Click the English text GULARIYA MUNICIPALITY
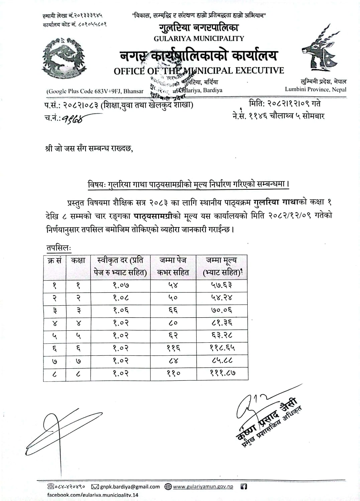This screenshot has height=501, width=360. (x=199, y=39)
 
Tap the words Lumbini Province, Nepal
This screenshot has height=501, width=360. (x=316, y=90)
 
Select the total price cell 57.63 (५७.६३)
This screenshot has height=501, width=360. (x=222, y=285)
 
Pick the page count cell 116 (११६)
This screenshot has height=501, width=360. (x=173, y=348)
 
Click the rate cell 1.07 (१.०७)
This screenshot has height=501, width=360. (x=121, y=285)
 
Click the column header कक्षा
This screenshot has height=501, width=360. (x=78, y=261)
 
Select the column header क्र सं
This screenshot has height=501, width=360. (x=54, y=261)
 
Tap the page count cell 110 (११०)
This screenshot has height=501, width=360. (x=173, y=373)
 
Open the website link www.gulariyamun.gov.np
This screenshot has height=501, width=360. (x=203, y=487)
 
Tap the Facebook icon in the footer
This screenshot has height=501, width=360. (x=244, y=487)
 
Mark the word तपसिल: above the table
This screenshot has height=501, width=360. (x=58, y=248)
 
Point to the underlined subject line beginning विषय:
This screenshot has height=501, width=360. (x=188, y=184)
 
